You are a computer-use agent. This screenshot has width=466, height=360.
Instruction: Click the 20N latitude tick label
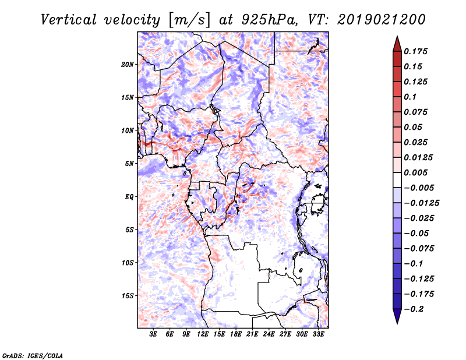point(128,64)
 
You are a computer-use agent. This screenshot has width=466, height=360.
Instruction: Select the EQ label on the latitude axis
point(129,197)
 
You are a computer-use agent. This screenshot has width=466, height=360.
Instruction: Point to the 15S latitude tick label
point(128,296)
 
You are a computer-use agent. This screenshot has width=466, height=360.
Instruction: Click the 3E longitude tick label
point(153,335)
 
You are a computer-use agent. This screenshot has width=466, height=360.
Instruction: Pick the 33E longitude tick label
point(318,335)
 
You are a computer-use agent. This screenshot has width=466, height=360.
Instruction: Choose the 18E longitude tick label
point(236,335)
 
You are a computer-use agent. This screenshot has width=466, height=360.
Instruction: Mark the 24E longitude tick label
point(269,335)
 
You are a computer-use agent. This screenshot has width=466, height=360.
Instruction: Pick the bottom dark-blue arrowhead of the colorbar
point(397,317)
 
